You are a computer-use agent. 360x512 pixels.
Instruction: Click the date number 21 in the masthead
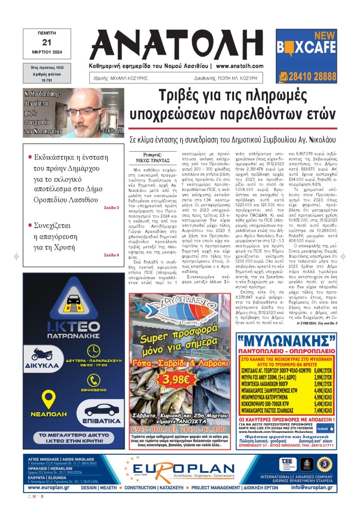click(46, 42)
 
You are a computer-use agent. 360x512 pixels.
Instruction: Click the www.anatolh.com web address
click(239, 66)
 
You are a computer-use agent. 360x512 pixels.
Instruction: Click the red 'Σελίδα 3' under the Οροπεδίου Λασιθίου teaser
click(111, 208)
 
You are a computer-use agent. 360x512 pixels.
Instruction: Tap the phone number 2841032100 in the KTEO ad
click(94, 390)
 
